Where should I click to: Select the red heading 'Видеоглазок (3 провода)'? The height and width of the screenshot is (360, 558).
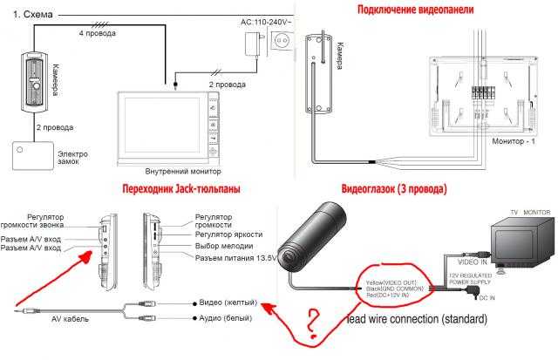(x=395, y=188)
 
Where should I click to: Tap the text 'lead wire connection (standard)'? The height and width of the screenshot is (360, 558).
(x=418, y=320)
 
